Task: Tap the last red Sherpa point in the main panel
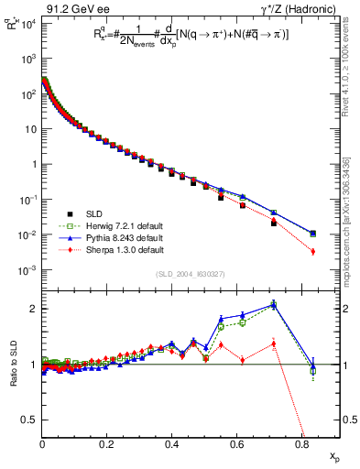pos(313,251)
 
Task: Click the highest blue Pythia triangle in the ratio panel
pos(274,305)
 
